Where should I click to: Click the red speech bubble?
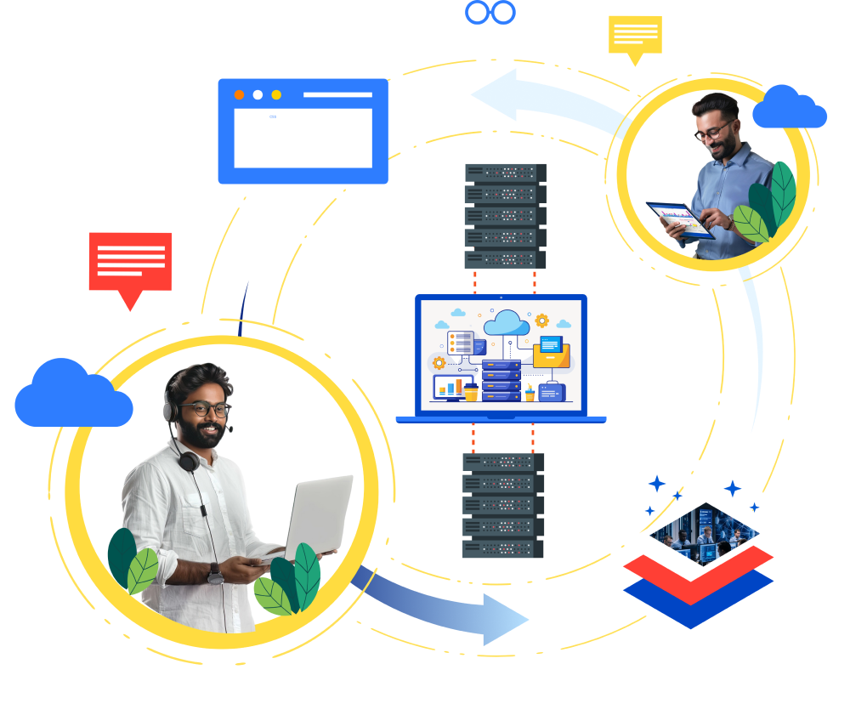[130, 262]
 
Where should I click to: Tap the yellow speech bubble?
[634, 34]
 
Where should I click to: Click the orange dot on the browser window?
[239, 94]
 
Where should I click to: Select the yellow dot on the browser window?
[276, 94]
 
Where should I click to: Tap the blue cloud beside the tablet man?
[789, 108]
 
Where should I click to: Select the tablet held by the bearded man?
[679, 220]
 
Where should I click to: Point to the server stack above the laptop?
[505, 216]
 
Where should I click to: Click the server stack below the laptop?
[502, 506]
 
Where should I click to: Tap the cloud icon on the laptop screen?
[507, 322]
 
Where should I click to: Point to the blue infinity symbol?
[490, 12]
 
